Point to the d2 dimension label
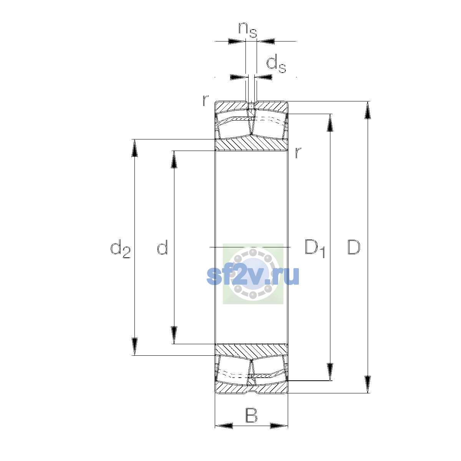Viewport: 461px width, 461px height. [x=120, y=249]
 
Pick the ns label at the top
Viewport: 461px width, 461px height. [x=248, y=30]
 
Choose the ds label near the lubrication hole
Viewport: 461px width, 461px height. [x=276, y=63]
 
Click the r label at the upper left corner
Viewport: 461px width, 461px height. [x=206, y=100]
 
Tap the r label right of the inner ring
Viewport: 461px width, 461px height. [x=298, y=153]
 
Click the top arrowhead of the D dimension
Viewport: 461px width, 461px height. [x=368, y=110]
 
